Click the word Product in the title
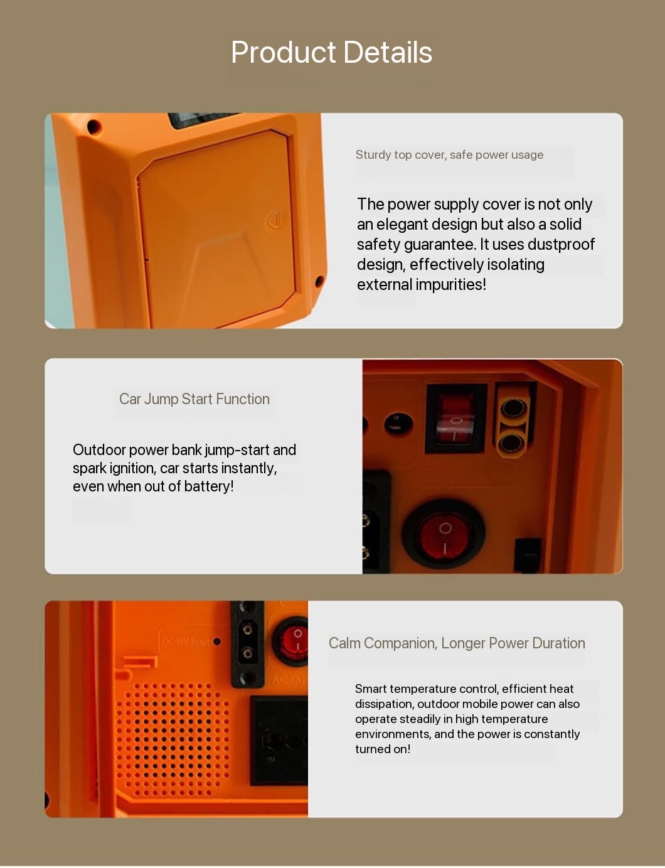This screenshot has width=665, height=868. pos(284,52)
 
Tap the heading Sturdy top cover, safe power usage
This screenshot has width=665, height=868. pos(449,154)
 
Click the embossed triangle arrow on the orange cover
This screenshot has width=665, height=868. pos(275,220)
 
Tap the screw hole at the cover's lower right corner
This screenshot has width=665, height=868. pos(319,282)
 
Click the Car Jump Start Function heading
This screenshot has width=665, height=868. pos(194,399)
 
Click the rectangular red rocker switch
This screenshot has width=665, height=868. pos(455,419)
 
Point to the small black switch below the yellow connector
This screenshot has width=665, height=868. pos(527,555)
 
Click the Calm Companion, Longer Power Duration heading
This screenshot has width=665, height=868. pos(457,643)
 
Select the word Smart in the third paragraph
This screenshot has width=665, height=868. pos(371,689)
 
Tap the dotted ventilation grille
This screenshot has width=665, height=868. pos(173,739)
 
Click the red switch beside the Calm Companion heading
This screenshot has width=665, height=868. pos(291,642)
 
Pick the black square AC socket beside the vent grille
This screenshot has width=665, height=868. pos(279,741)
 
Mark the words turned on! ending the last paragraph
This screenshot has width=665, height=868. pos(383,749)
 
